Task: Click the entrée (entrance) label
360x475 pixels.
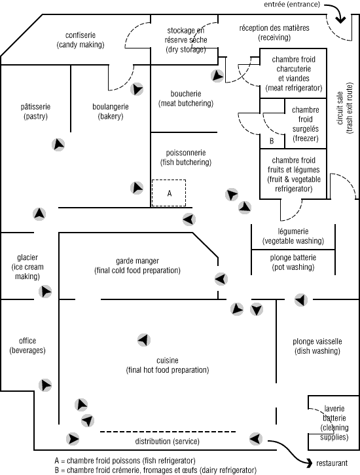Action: pyautogui.click(x=292, y=4)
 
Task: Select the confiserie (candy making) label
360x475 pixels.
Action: pyautogui.click(x=81, y=40)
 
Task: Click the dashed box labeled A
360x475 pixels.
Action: pyautogui.click(x=169, y=193)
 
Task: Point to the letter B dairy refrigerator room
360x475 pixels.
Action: pyautogui.click(x=272, y=141)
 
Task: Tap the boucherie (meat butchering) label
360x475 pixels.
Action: pyautogui.click(x=186, y=98)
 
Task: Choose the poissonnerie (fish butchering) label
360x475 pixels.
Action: pyautogui.click(x=186, y=157)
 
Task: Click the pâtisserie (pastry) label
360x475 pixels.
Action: pyautogui.click(x=36, y=111)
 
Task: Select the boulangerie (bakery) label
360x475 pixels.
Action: pyautogui.click(x=111, y=111)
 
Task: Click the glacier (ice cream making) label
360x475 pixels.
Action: pyautogui.click(x=27, y=267)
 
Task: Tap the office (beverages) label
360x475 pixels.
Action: pyautogui.click(x=27, y=346)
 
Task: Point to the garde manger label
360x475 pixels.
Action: pyautogui.click(x=137, y=261)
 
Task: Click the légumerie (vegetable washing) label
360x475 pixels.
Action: pyautogui.click(x=293, y=237)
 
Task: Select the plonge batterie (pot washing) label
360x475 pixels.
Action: pyautogui.click(x=293, y=262)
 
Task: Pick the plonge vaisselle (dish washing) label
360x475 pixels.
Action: pyautogui.click(x=317, y=346)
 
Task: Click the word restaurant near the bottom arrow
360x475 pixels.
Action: pyautogui.click(x=332, y=463)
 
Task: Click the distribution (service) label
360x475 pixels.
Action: pyautogui.click(x=168, y=442)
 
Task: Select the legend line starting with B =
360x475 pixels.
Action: pyautogui.click(x=155, y=470)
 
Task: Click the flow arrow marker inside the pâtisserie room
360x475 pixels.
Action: pyautogui.click(x=58, y=145)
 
